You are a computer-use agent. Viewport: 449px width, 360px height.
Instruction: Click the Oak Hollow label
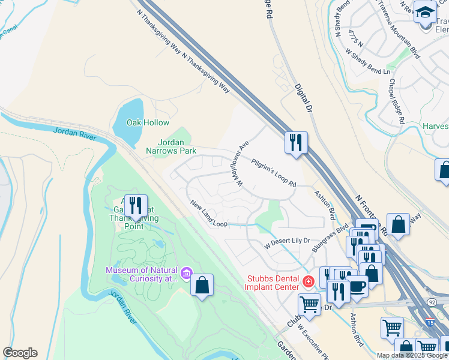pyautogui.click(x=148, y=122)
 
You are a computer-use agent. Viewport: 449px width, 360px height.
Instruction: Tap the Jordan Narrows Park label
pyautogui.click(x=169, y=146)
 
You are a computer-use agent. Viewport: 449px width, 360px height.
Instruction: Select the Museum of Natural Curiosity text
pyautogui.click(x=142, y=274)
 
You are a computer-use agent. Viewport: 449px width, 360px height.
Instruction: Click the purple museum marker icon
pyautogui.click(x=187, y=274)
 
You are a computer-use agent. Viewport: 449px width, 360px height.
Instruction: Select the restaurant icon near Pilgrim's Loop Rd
pyautogui.click(x=295, y=143)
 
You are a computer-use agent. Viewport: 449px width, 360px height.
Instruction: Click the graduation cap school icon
pyautogui.click(x=425, y=11)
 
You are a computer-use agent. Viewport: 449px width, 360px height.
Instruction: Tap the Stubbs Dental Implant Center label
pyautogui.click(x=272, y=282)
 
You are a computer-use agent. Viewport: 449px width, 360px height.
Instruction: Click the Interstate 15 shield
pyautogui.click(x=430, y=322)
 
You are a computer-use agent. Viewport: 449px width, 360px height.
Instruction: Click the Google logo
pyautogui.click(x=20, y=353)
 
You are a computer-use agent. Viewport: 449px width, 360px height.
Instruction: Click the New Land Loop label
pyautogui.click(x=208, y=214)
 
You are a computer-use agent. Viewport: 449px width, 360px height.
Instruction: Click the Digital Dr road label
pyautogui.click(x=304, y=97)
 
